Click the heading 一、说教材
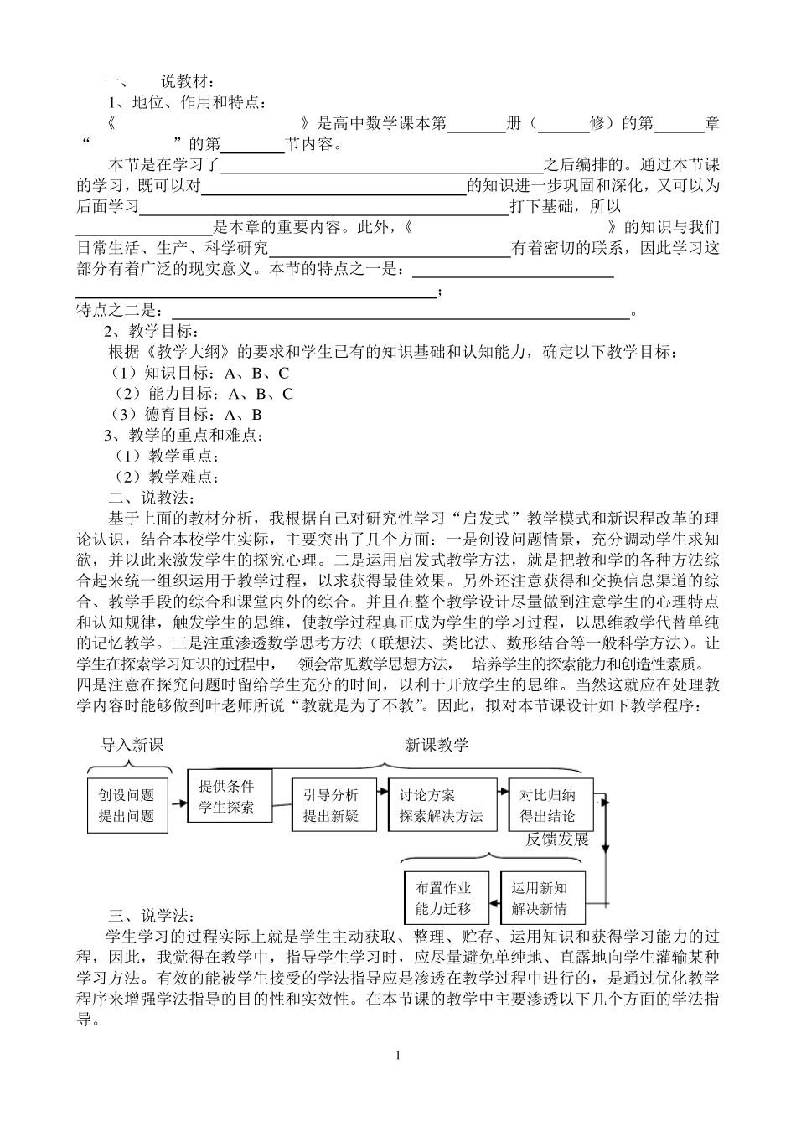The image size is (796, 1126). click(x=159, y=82)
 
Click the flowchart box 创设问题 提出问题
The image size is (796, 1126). click(x=127, y=805)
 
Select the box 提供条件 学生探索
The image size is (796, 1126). click(x=225, y=796)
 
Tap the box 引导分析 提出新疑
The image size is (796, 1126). click(x=332, y=805)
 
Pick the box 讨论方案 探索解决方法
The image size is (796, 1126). click(x=441, y=805)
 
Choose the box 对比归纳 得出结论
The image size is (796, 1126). click(x=549, y=805)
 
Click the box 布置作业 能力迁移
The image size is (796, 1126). click(x=443, y=898)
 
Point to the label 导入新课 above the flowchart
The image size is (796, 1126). click(x=132, y=745)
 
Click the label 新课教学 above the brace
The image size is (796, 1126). click(x=437, y=745)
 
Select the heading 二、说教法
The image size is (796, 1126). click(x=147, y=498)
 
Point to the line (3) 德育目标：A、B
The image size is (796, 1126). click(x=188, y=414)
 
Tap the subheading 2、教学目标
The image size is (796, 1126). click(x=150, y=331)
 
